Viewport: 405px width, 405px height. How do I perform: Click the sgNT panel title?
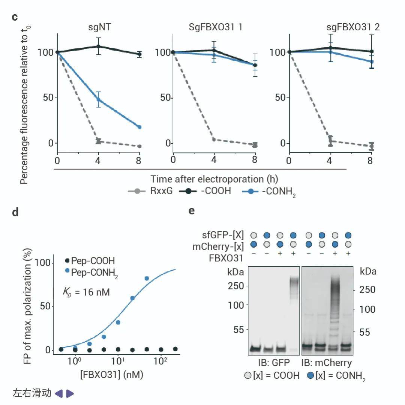point(99,27)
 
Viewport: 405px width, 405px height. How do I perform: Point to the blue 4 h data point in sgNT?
point(99,99)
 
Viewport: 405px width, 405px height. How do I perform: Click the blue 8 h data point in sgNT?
point(139,127)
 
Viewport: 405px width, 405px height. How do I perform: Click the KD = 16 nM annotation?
point(87,291)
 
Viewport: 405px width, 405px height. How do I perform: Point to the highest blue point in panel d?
point(147,278)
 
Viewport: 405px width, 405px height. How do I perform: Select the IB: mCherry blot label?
point(327,363)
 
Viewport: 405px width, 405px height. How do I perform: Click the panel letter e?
point(192,211)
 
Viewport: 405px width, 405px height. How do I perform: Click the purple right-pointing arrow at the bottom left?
point(70,393)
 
